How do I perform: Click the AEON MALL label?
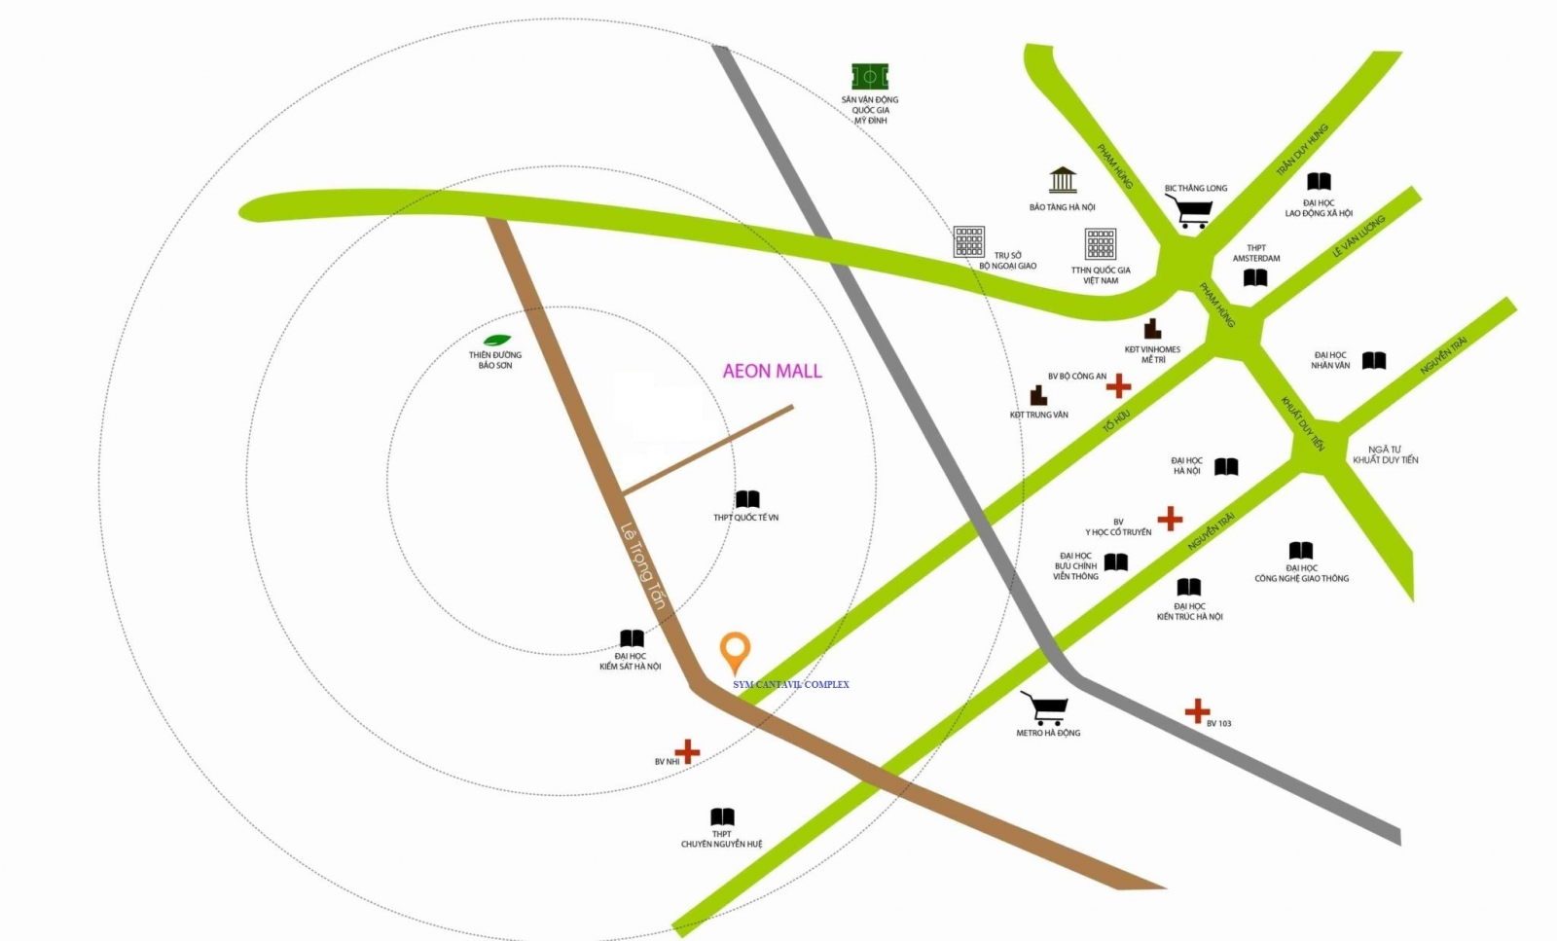coord(772,371)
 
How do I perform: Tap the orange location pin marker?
coord(735,651)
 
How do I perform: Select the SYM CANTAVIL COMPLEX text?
coord(790,684)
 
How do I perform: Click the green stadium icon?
coord(870,76)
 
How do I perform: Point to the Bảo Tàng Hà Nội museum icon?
coord(1063,180)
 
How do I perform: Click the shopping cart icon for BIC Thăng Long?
coord(1191,211)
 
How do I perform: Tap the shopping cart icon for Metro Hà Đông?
coord(1045,707)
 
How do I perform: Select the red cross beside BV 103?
coord(1197,711)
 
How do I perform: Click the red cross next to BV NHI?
coord(687,751)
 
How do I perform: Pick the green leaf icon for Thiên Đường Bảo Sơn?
coord(497,340)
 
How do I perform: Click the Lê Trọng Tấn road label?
coord(642,566)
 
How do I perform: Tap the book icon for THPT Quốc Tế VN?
coord(747,500)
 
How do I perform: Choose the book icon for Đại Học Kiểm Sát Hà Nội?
coord(632,639)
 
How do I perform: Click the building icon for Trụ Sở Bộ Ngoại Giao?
coord(968,241)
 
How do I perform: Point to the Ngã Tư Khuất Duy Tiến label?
coord(1385,454)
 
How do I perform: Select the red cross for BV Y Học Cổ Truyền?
coord(1170,519)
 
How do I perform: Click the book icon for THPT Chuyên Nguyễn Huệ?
coord(722,817)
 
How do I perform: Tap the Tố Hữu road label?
coord(1116,420)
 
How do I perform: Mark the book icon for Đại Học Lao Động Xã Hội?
coord(1319,182)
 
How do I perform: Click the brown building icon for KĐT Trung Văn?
coord(1038,395)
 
